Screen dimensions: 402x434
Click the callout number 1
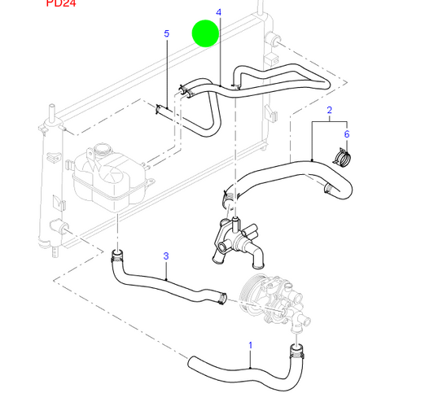[250, 344]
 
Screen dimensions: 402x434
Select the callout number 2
[329, 110]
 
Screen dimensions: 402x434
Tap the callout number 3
[166, 256]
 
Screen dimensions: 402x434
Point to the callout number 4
[219, 13]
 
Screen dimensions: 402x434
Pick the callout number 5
[167, 34]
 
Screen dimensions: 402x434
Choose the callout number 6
[346, 134]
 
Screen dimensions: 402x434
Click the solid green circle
[205, 33]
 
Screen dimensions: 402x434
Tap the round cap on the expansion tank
[103, 151]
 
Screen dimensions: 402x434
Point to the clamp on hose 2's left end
[230, 195]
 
